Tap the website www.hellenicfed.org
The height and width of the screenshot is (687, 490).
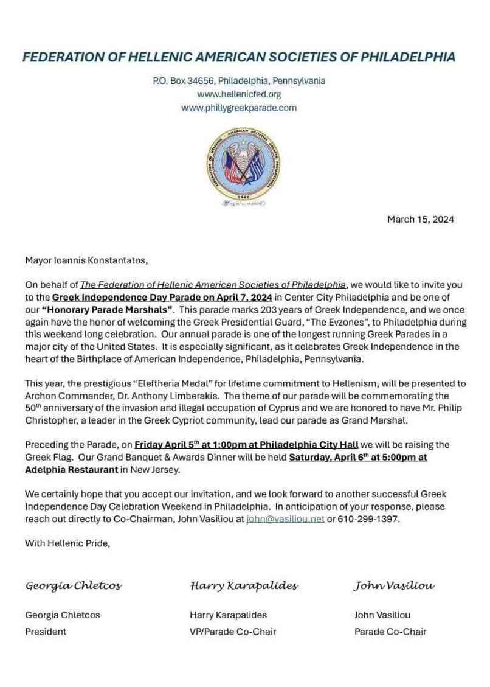point(239,94)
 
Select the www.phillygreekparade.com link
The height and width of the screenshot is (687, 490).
point(239,108)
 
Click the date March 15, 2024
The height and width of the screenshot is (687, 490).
point(420,220)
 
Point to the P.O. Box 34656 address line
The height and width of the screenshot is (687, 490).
point(239,80)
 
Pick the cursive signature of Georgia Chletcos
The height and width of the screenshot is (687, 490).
point(73,586)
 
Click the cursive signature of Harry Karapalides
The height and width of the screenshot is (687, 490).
point(244,586)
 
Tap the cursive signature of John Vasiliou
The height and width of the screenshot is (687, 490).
point(394,586)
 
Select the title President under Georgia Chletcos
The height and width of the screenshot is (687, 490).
point(46,632)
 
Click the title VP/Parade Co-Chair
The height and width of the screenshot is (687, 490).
point(233,632)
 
